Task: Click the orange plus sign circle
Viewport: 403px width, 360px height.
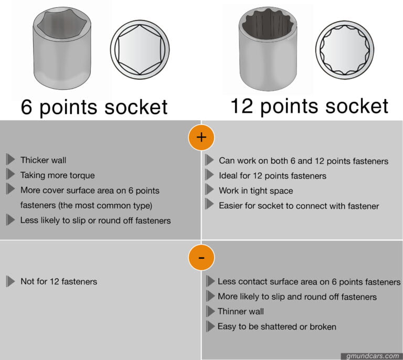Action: tap(201, 137)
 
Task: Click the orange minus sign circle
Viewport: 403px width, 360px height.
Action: tap(201, 257)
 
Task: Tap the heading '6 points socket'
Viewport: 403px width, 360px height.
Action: tap(94, 107)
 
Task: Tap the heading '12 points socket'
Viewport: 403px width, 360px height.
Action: tap(310, 105)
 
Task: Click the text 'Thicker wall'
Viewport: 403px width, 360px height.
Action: tap(43, 160)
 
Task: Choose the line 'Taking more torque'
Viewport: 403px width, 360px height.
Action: tap(57, 175)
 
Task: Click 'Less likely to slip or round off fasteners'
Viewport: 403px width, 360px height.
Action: tap(96, 220)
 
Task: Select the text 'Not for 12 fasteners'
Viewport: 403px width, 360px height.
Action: tap(59, 282)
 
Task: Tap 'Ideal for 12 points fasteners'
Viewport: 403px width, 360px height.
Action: tap(272, 176)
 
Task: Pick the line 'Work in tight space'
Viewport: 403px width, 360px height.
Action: tap(256, 190)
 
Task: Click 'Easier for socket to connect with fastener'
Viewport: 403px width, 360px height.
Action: tap(299, 206)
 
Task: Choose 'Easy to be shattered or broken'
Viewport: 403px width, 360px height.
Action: tap(277, 326)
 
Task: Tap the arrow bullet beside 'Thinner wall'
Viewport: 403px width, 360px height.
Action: tap(210, 312)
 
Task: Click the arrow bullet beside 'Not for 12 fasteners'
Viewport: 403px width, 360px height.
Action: tap(10, 282)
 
